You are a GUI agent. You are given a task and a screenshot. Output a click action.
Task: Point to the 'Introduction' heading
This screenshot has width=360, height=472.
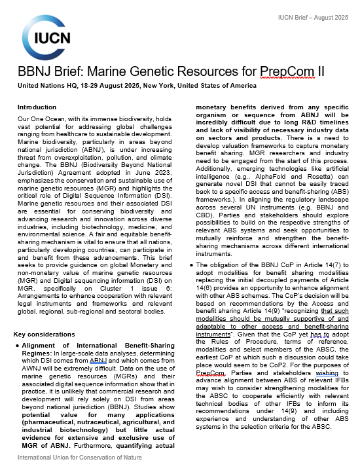37,107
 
